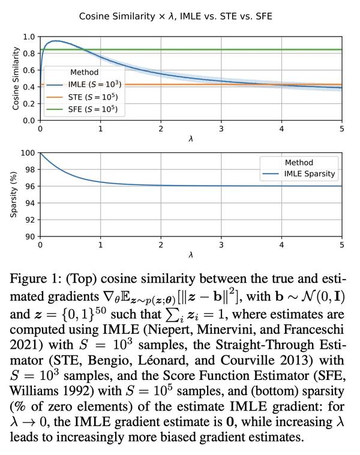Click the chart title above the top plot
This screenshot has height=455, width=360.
coord(176,16)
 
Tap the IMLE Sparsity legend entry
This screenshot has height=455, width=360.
coord(306,174)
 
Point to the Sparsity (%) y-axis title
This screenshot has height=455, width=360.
coord(15,194)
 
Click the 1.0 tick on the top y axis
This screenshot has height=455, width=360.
coord(29,37)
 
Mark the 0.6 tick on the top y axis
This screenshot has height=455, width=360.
coord(29,70)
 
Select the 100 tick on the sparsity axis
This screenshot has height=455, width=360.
coord(28,152)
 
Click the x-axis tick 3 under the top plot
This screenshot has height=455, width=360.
coord(221,129)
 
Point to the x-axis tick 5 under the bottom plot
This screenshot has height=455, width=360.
coord(342,245)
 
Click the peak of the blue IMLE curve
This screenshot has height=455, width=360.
coord(55,41)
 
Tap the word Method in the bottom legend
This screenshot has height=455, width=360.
coord(299,162)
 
